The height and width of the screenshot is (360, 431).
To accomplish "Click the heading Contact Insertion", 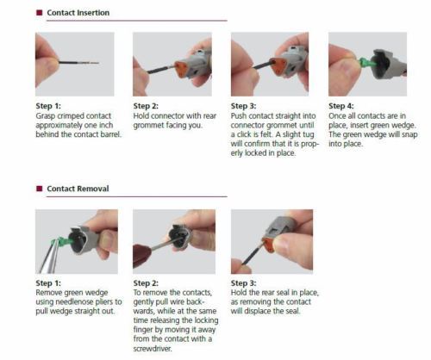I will pos(78,13).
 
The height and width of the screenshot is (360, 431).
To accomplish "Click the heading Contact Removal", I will pos(78,188).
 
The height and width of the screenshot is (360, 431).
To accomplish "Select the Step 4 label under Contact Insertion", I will pos(341,104).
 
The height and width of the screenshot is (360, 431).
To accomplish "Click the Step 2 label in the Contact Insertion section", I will pos(147,104).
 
